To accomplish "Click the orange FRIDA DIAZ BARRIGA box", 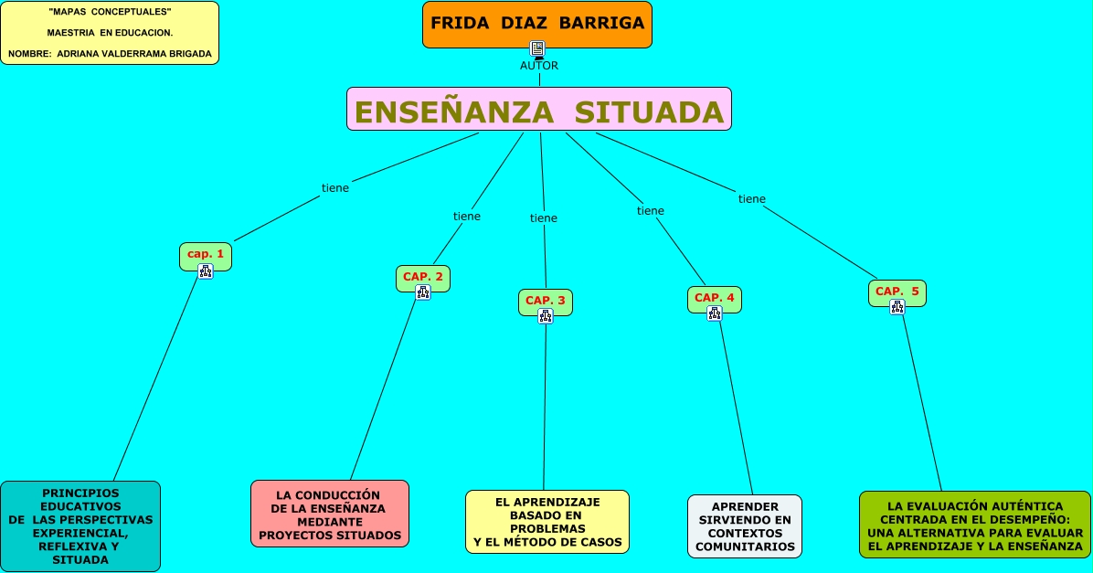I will click(537, 24).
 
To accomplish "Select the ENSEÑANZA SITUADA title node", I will click(539, 111).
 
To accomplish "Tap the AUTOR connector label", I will click(539, 66).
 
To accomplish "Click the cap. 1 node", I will click(206, 254).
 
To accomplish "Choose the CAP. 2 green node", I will click(423, 276).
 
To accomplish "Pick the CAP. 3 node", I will click(546, 300).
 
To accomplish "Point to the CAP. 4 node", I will click(715, 298).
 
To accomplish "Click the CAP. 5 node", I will click(897, 292).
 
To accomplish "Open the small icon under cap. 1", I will click(206, 271).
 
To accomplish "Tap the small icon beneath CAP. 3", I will click(546, 316).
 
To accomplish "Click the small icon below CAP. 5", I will click(897, 308).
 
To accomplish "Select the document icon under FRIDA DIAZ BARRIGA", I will click(537, 49).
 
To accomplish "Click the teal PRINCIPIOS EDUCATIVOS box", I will click(80, 525).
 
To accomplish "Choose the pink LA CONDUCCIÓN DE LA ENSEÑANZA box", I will click(330, 514).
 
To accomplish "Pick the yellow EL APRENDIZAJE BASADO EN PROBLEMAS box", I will click(547, 522).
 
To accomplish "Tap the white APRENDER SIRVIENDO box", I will click(745, 526).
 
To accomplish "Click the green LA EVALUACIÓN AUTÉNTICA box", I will click(975, 525).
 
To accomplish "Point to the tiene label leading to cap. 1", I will click(335, 188).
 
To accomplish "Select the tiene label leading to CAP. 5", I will click(752, 199).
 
